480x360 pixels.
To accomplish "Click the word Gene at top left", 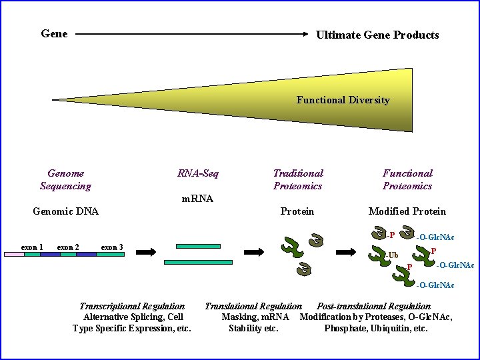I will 54,33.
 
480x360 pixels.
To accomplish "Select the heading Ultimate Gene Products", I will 377,35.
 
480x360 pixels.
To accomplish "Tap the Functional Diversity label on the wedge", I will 343,100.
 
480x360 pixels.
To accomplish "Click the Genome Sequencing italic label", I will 65,179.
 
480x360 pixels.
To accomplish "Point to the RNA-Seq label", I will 198,173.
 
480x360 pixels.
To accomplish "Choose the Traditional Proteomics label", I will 297,179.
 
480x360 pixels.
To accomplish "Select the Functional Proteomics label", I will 407,179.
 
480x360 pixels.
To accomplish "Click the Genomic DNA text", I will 65,211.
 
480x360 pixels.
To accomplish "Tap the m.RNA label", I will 198,198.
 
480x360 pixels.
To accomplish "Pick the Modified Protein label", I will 407,211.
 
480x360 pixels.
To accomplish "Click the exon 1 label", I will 32,247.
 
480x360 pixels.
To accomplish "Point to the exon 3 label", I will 111,247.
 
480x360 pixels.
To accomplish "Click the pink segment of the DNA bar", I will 14,254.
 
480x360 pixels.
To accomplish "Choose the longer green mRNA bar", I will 198,263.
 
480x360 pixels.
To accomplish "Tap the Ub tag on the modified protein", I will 393,255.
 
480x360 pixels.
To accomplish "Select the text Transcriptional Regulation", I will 132,306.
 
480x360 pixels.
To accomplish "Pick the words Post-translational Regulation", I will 373,306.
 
